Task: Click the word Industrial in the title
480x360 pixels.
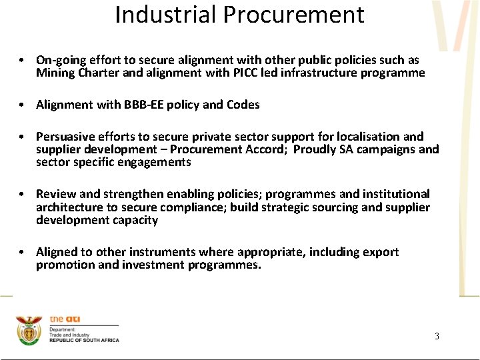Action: point(157,14)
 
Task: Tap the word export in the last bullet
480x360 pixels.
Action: point(381,252)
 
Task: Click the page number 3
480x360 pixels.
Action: point(437,336)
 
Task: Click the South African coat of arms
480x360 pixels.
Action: point(29,329)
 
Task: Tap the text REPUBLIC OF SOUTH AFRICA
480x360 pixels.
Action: point(84,340)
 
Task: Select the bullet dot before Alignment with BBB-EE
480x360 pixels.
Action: point(23,105)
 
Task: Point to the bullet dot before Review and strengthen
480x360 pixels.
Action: point(23,194)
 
